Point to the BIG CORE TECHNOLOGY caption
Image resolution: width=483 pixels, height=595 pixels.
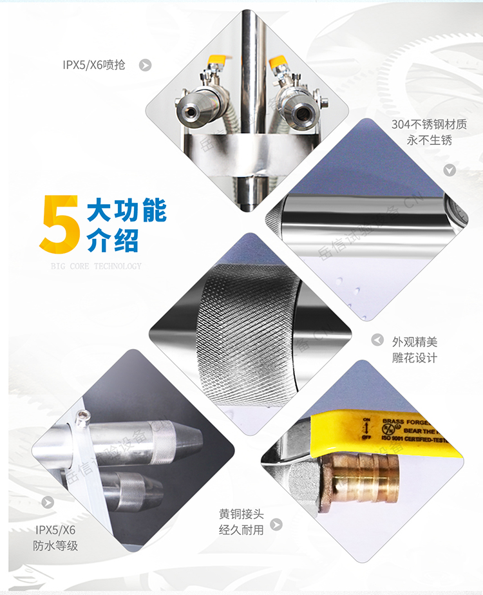[x=96, y=266]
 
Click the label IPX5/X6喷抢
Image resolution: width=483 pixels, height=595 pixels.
[x=94, y=64]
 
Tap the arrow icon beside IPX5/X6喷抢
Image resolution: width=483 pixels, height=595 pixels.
[x=146, y=64]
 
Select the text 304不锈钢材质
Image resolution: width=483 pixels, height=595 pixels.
[x=429, y=124]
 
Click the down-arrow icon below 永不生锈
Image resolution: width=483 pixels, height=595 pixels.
[x=450, y=170]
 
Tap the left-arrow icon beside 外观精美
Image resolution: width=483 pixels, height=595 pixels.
[x=378, y=341]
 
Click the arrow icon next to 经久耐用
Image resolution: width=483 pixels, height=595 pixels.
[x=277, y=525]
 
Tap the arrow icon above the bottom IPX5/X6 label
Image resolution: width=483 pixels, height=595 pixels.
[x=48, y=502]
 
